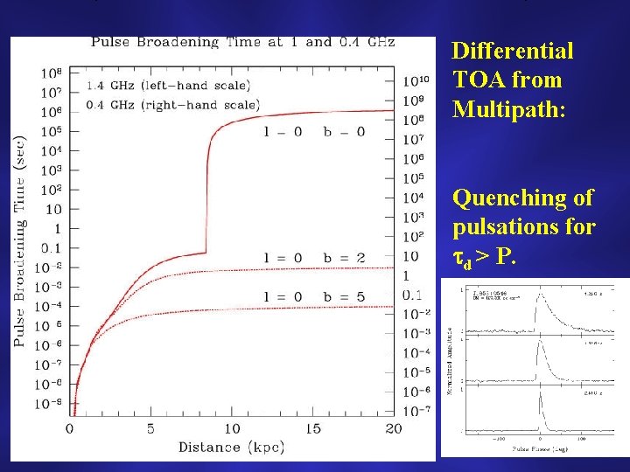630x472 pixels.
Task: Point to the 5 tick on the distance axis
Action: [150, 428]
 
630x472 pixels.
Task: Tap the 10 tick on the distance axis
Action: [231, 428]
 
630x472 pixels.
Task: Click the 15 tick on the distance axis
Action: [312, 428]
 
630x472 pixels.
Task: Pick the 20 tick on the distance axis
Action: [393, 428]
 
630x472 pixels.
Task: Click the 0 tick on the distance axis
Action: [70, 428]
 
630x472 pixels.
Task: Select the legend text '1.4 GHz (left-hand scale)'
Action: [168, 86]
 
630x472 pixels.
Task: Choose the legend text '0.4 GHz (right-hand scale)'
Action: [172, 105]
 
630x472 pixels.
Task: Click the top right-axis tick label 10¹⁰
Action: [415, 81]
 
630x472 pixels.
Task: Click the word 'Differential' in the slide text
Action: [512, 51]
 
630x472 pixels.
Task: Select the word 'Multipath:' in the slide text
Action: [499, 109]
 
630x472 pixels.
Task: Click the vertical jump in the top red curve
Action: [206, 192]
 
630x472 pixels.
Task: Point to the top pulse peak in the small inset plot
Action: [540, 300]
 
